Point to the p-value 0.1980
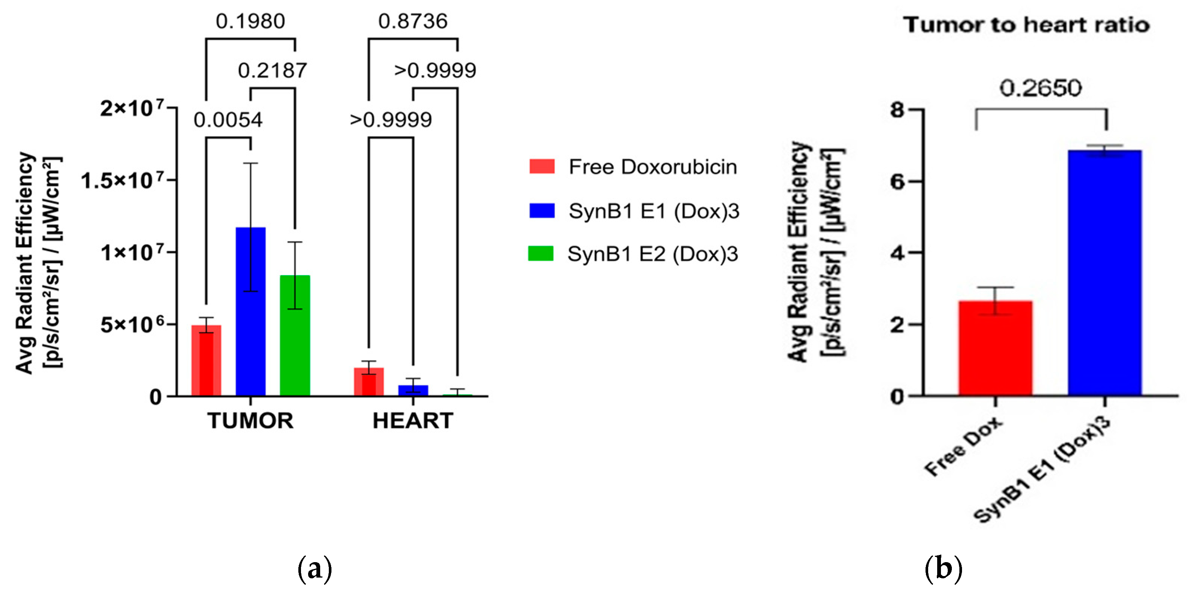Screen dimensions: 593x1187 click(x=250, y=21)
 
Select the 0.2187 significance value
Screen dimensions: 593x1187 click(x=272, y=70)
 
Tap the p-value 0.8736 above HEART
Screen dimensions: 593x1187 click(x=413, y=21)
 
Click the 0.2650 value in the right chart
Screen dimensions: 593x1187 click(x=1041, y=88)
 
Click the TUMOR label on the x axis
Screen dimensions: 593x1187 click(x=250, y=421)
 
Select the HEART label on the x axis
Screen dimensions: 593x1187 click(x=413, y=421)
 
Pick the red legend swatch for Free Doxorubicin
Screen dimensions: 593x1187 click(x=542, y=166)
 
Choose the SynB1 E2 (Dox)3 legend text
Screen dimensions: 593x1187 click(x=652, y=254)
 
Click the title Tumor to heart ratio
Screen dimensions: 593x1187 click(x=1026, y=25)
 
